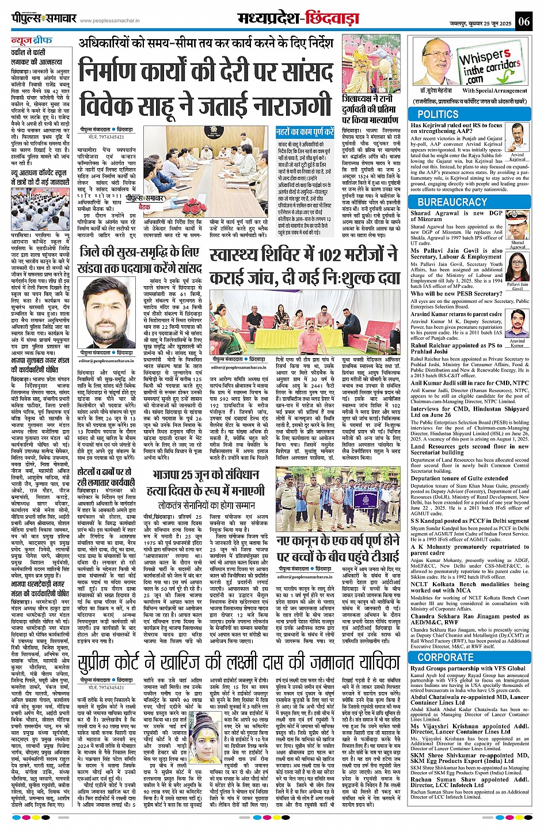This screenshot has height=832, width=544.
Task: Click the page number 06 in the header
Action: (x=523, y=22)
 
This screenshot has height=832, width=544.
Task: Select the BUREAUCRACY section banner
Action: (x=452, y=202)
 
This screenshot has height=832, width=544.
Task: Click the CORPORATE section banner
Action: (x=446, y=657)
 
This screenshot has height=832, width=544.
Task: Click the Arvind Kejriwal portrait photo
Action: (x=516, y=138)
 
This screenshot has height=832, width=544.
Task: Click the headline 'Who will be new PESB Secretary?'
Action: (x=456, y=294)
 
